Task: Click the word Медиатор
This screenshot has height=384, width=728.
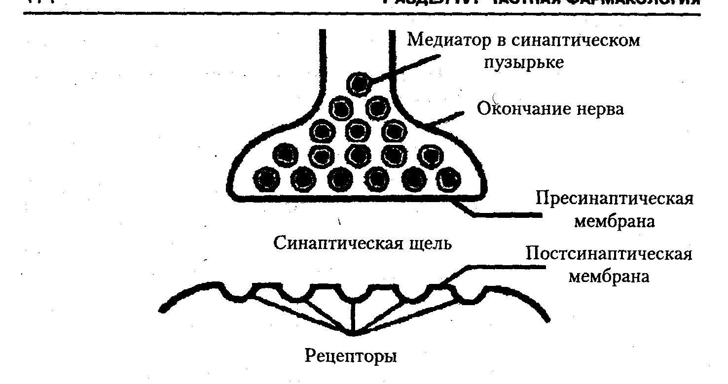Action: [447, 39]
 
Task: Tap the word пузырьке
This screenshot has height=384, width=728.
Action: [523, 63]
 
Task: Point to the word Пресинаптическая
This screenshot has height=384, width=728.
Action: [615, 199]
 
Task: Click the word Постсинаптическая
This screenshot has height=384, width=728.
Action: [609, 254]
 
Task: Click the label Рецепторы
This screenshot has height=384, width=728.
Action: [351, 355]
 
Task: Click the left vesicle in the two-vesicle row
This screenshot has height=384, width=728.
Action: [341, 107]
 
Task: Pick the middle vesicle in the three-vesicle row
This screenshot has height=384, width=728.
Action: [358, 131]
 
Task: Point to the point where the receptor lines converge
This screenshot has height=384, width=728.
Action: [352, 335]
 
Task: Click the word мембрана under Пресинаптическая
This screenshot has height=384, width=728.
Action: [614, 221]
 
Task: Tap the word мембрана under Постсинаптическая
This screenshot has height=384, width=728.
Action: [609, 277]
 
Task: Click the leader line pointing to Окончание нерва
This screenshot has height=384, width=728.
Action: [446, 118]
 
